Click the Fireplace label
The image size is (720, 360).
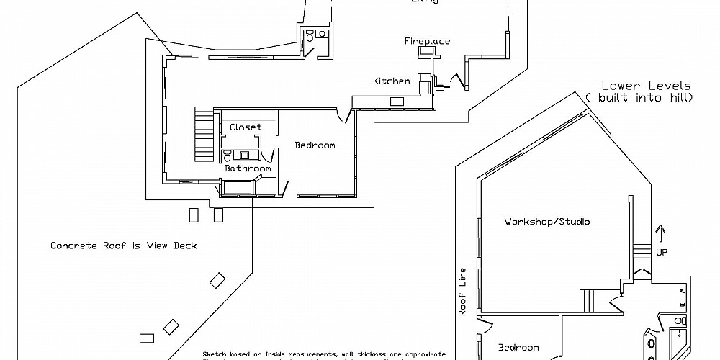tap(427, 41)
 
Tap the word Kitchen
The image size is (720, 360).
tap(391, 81)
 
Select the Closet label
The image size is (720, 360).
tap(246, 127)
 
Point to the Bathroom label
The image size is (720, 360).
tap(248, 168)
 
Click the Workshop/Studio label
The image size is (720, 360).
tap(546, 222)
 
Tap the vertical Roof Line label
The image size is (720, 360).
tap(462, 292)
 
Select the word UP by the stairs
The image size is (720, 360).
tap(662, 252)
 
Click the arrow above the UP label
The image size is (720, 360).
tap(661, 234)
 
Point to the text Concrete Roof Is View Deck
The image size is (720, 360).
tap(123, 246)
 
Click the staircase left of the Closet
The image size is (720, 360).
tap(204, 135)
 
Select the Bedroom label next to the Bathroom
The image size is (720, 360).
tap(315, 145)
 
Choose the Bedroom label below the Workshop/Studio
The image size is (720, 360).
tap(518, 347)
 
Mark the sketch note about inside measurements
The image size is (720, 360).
tap(324, 355)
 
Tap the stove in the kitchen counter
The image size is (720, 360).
tap(397, 102)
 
